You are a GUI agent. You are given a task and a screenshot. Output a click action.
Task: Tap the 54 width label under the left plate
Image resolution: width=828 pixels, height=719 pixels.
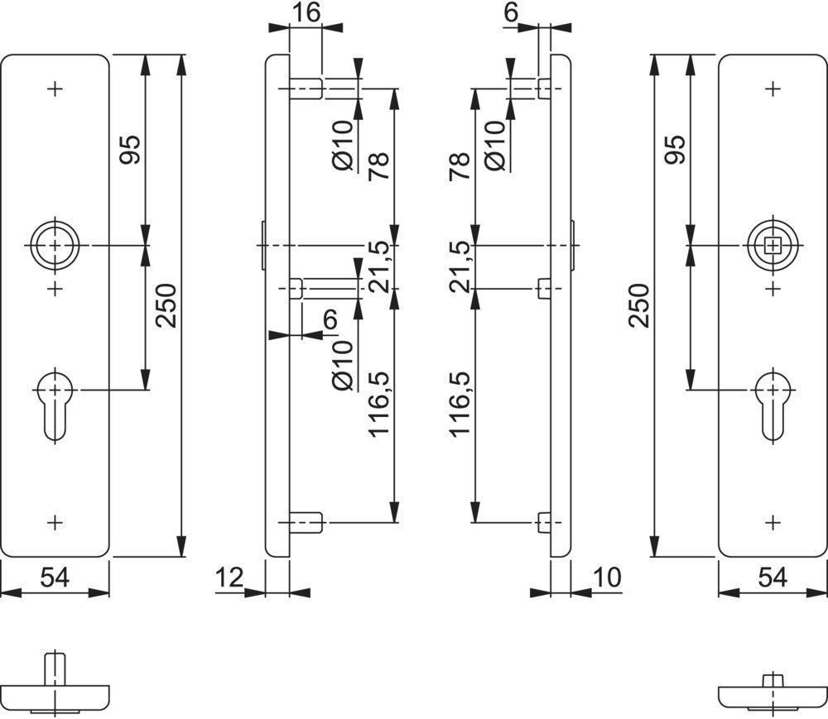click(x=55, y=578)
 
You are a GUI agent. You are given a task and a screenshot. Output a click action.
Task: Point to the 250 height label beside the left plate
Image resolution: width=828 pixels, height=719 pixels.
click(x=166, y=305)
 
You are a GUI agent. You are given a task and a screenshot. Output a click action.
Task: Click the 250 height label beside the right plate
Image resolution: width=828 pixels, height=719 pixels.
click(x=638, y=305)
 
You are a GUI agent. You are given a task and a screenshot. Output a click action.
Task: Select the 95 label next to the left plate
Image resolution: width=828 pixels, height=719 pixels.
click(x=131, y=149)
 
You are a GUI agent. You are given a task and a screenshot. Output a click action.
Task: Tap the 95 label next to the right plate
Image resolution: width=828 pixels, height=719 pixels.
click(x=675, y=149)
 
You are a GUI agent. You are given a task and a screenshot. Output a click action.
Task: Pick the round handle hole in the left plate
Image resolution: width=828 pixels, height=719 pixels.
click(x=55, y=246)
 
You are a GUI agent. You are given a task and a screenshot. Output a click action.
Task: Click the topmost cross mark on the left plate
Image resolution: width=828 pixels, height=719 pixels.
click(x=55, y=88)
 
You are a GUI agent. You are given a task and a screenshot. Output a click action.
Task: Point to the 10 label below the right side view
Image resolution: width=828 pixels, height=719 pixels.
click(x=606, y=577)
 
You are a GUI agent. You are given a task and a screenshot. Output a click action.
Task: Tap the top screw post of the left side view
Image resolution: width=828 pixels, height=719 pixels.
click(x=306, y=88)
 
